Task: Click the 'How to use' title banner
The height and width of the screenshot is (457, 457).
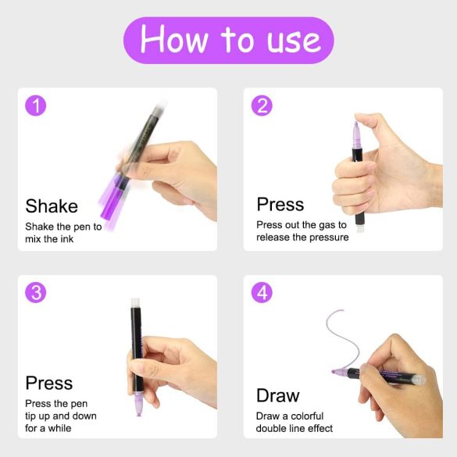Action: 228,39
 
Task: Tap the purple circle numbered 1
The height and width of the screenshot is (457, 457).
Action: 36,105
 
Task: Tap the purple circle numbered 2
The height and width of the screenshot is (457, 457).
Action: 262,105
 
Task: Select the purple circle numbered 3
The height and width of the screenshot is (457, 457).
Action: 36,292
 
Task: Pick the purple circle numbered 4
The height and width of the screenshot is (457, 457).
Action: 262,292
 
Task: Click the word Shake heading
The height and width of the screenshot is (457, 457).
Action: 52,206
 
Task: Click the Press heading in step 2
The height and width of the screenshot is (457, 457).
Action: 280,205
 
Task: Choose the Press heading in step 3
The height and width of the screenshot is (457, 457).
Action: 48,383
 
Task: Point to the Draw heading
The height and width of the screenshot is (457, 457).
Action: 277,395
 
